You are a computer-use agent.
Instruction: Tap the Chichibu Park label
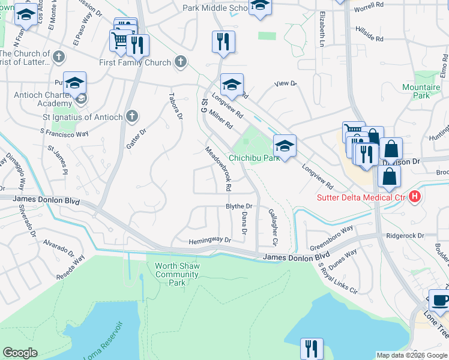[x=255, y=158]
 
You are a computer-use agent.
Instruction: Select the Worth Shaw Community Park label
[x=176, y=274]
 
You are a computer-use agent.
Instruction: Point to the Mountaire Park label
[x=421, y=91]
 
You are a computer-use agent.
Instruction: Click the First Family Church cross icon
[x=180, y=61]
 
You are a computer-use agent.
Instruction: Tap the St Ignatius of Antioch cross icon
[x=132, y=116]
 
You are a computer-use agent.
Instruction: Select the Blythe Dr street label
[x=238, y=206]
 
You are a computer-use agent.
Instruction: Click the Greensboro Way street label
[x=331, y=238]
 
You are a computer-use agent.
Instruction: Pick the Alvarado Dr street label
[x=58, y=245]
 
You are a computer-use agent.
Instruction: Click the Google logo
[x=20, y=353]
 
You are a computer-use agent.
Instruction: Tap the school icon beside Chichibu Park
[x=285, y=146]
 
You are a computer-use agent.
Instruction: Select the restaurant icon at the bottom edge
[x=312, y=349]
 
